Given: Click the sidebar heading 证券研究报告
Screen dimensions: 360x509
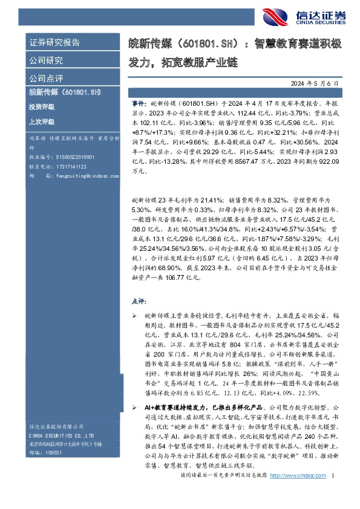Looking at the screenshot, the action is coord(54,43).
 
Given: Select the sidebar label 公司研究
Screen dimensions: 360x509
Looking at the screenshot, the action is coord(46,60).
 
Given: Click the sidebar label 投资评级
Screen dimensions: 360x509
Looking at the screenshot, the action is coord(41,106).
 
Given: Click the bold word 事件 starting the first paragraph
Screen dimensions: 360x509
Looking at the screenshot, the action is coord(139,104).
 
